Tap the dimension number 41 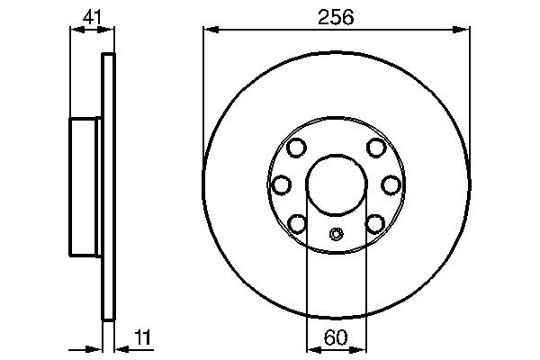tap(93, 15)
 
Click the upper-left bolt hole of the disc tap(297, 148)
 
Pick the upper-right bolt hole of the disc tap(376, 148)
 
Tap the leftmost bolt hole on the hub tap(282, 184)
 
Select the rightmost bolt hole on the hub tap(391, 184)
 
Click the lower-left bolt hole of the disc tap(297, 221)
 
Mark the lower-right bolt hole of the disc tap(376, 221)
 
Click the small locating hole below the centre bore tap(337, 235)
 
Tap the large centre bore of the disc tap(337, 184)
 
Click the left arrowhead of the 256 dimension tap(210, 31)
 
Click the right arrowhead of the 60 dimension tap(361, 348)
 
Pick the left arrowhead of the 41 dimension tap(76, 30)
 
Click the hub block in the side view tap(86, 186)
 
